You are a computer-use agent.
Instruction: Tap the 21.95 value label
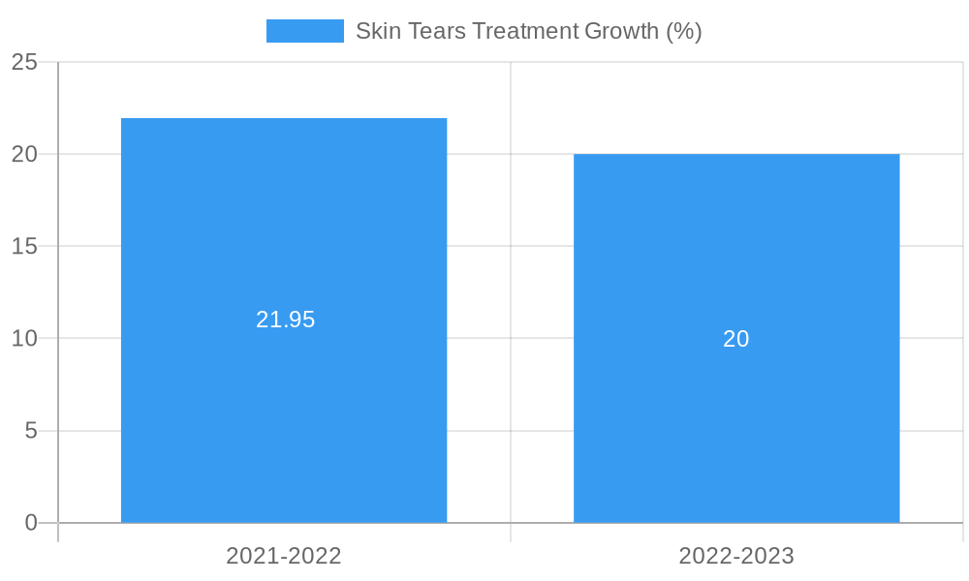point(285,320)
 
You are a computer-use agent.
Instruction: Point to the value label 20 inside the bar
point(736,339)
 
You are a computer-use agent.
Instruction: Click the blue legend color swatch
point(305,31)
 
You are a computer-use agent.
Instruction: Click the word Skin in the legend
point(376,31)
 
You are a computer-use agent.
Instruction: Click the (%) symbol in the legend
point(683,31)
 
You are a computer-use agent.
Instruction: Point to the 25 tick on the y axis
point(24,62)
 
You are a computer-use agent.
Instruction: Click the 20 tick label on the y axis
point(24,154)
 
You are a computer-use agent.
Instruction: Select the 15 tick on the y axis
point(24,246)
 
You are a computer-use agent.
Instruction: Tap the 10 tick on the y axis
point(24,338)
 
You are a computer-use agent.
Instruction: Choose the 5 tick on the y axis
point(31,430)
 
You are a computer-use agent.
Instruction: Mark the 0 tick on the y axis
point(31,523)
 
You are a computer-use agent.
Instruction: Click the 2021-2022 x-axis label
point(284,556)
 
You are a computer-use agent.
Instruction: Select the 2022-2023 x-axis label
point(736,556)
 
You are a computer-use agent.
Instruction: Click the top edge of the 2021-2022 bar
point(284,119)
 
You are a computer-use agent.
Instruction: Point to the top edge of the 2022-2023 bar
point(736,155)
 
